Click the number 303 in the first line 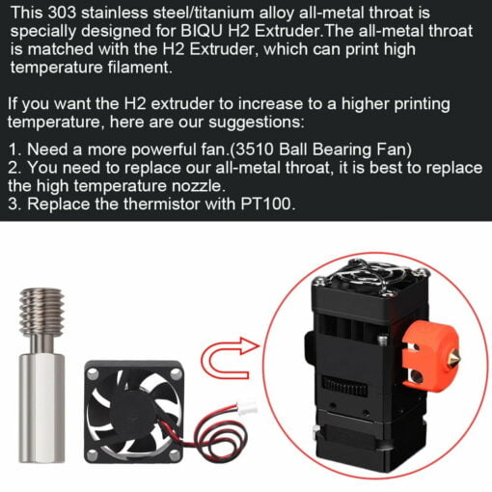click(62, 13)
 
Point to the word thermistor click(162, 204)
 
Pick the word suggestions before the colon click(255, 123)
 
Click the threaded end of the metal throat click(41, 311)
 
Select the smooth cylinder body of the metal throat click(42, 407)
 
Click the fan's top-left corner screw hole click(93, 374)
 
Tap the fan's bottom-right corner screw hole click(175, 455)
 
